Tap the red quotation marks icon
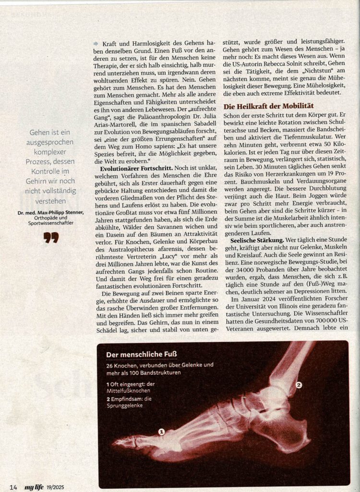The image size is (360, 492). pyautogui.click(x=50, y=237)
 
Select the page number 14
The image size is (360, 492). pyautogui.click(x=13, y=487)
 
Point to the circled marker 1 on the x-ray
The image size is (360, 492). pyautogui.click(x=161, y=432)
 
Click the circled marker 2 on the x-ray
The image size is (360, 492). pyautogui.click(x=298, y=385)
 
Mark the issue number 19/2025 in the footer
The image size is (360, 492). pyautogui.click(x=56, y=487)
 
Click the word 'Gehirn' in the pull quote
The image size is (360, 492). pyautogui.click(x=38, y=181)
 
